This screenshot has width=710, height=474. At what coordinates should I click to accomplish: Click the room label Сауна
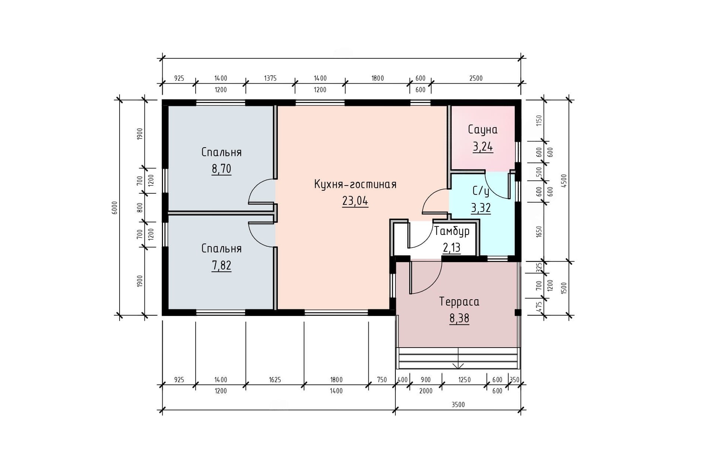pos(482,129)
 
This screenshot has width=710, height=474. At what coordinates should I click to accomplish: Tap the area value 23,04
pos(355,201)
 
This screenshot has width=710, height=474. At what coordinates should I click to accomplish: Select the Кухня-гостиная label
pos(355,184)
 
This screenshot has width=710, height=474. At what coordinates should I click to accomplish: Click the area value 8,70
pos(221,169)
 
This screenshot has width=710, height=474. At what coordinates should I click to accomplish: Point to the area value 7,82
pos(221,265)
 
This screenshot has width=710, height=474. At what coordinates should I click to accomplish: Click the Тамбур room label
pos(452,231)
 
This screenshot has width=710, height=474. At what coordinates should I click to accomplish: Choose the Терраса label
pos(459,302)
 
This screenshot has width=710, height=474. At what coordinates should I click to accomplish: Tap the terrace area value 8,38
pos(459,318)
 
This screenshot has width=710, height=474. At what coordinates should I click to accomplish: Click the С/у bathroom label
pos(481,191)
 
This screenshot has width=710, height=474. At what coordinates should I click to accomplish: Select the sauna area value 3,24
pos(483,147)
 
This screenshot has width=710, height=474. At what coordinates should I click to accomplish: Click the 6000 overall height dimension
pos(115,207)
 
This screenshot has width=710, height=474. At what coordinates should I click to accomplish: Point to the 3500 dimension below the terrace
pos(458,404)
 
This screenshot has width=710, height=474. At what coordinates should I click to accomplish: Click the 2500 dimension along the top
pos(476,78)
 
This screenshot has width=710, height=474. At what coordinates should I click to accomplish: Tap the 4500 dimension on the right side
pos(564,181)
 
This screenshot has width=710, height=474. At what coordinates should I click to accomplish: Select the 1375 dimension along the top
pos(270,78)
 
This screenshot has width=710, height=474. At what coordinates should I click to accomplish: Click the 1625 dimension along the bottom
pos(275,380)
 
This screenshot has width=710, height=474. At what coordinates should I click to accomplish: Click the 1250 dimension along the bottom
pos(464,380)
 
